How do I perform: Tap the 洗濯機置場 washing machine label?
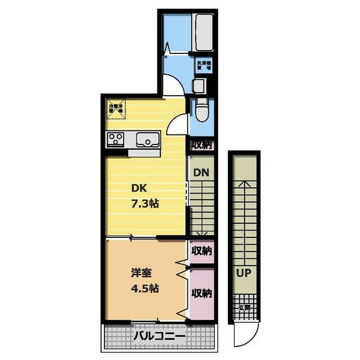(x=203, y=65)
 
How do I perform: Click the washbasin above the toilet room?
(x=198, y=86)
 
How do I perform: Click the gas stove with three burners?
(x=116, y=139)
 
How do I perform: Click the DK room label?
(x=139, y=188)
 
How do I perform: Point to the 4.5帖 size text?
(x=145, y=289)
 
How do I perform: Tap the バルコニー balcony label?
(x=159, y=337)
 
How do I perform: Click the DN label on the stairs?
(x=201, y=173)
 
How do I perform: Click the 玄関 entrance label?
(x=244, y=308)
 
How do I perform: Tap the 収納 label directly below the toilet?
(x=201, y=145)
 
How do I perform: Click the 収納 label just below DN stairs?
(x=201, y=250)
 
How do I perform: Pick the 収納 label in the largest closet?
(x=201, y=293)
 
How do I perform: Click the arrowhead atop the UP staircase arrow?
(x=244, y=183)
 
